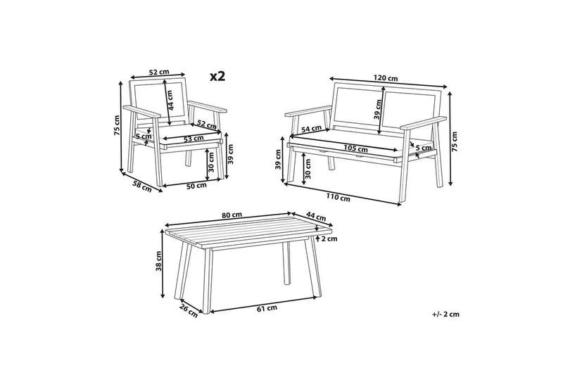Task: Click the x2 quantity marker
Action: click(217, 76)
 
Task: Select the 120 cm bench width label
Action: click(386, 78)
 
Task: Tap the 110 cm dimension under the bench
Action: click(338, 197)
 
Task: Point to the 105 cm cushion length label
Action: click(355, 147)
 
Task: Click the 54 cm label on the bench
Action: click(311, 128)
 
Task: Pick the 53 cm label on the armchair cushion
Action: click(194, 138)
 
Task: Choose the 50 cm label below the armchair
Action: click(197, 186)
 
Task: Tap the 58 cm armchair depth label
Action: click(142, 186)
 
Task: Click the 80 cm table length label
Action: click(232, 215)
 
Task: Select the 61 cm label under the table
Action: click(267, 307)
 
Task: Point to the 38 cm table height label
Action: click(159, 261)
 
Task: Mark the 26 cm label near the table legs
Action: click(189, 310)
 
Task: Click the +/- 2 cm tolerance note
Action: click(445, 314)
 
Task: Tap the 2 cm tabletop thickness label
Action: click(329, 239)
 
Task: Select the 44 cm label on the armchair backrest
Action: click(170, 100)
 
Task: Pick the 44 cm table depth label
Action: click(316, 216)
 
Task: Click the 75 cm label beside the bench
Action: click(455, 141)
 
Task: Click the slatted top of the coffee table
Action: click(248, 232)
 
